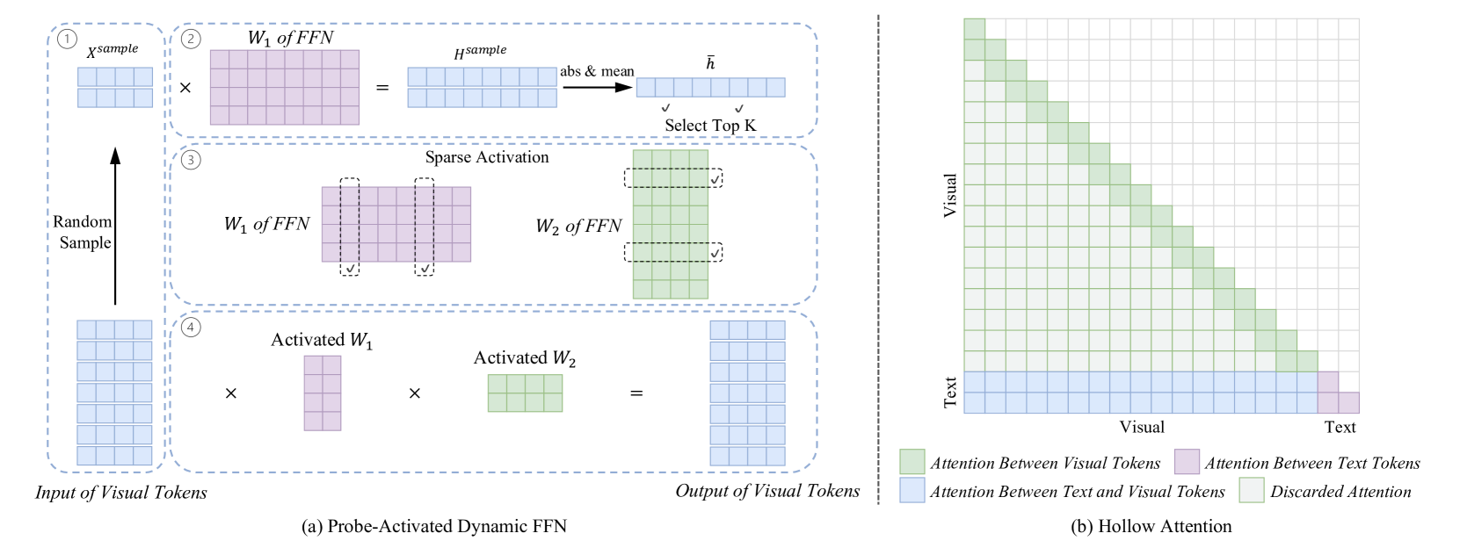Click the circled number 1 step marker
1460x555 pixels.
(66, 40)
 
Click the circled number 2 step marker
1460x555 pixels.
(191, 40)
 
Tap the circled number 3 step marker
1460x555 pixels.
(191, 160)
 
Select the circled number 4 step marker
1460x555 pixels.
(191, 328)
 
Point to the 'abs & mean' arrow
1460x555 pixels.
(598, 87)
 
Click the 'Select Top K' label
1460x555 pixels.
(710, 126)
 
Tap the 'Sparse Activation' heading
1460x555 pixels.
(487, 157)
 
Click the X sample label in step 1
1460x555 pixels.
(112, 51)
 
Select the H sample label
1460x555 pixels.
(480, 53)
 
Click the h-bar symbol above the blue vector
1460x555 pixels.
(710, 63)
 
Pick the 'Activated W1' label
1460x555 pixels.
(322, 341)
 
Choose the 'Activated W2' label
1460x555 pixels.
(525, 358)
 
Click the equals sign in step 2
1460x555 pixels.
(382, 88)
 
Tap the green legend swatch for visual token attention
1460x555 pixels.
(912, 462)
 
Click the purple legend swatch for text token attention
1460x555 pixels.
(1187, 462)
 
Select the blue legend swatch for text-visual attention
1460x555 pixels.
(912, 491)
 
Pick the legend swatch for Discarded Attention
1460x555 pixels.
(1252, 491)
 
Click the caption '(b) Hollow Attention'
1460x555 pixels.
(1151, 526)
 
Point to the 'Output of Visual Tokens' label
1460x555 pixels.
(767, 491)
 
